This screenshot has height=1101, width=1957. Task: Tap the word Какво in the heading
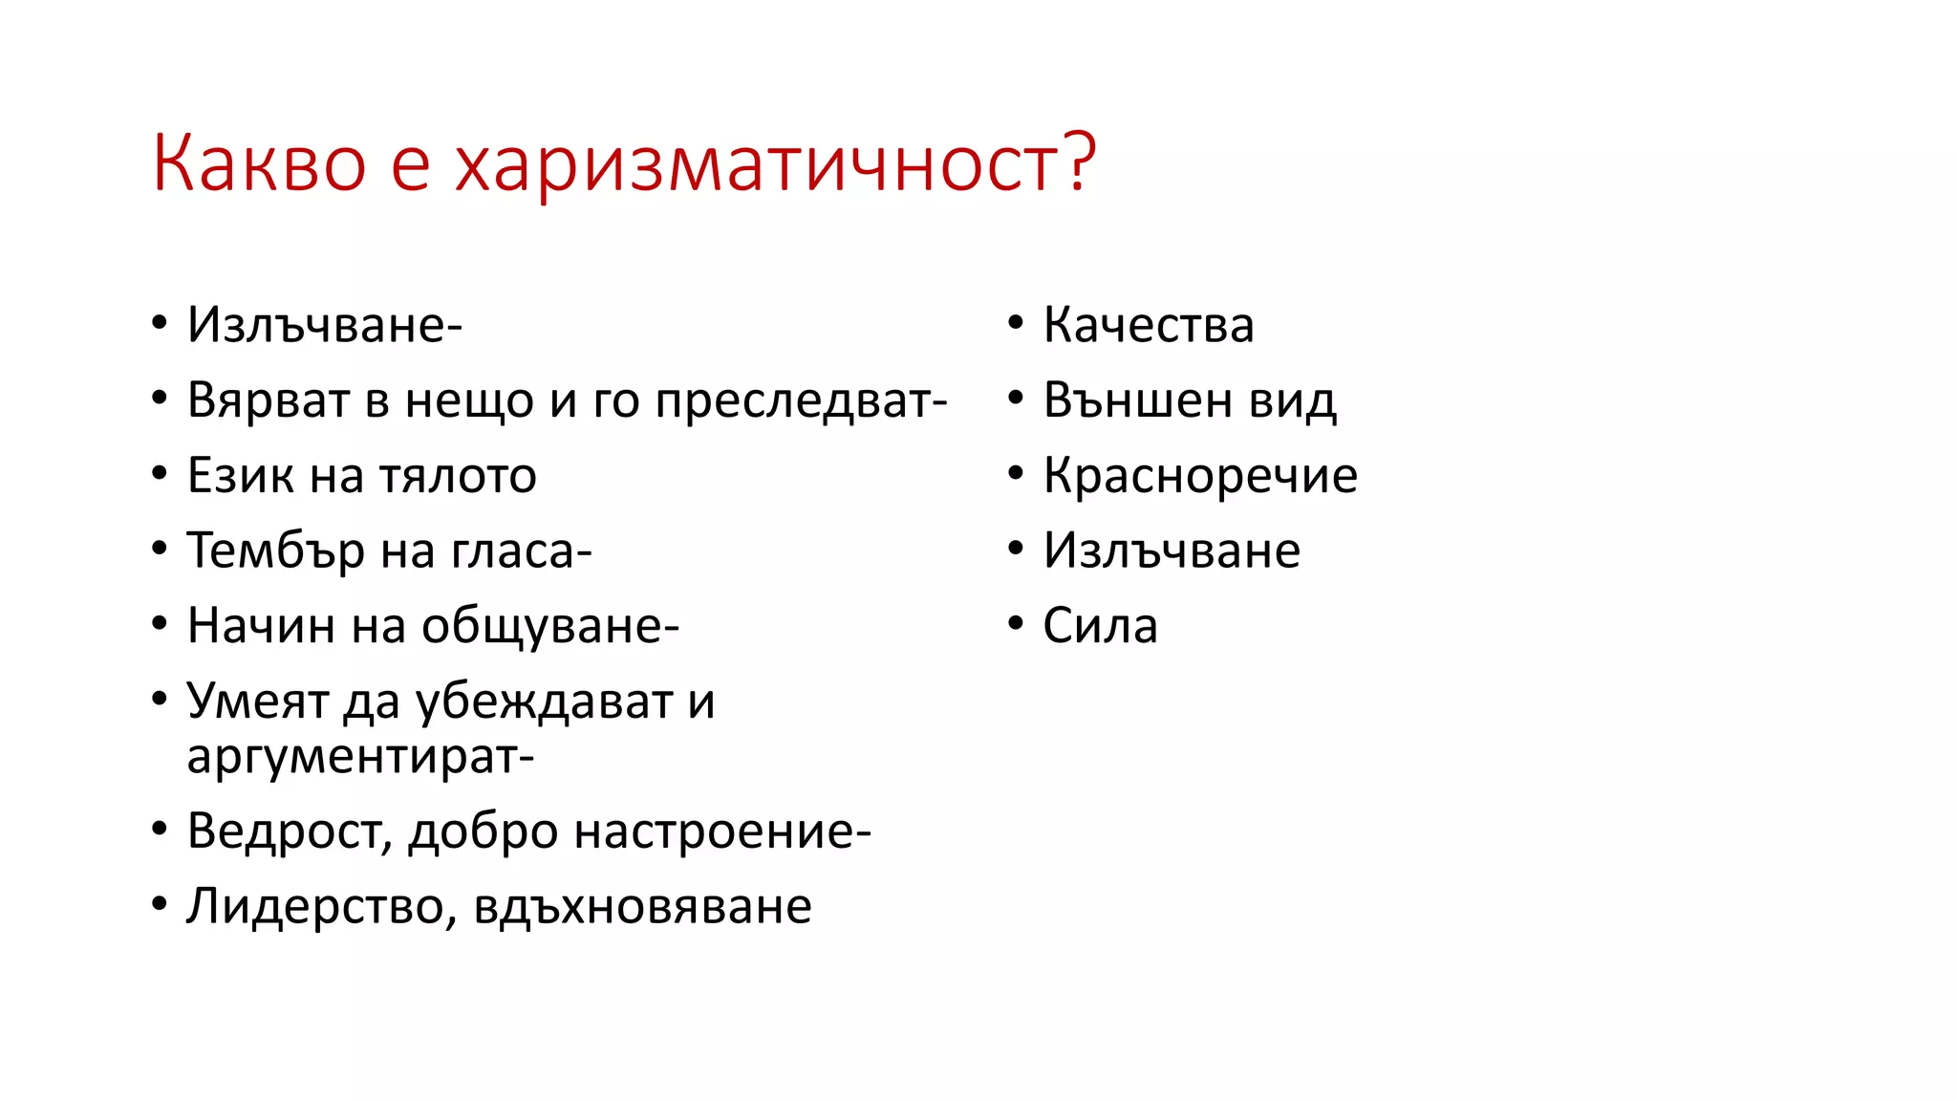(x=259, y=164)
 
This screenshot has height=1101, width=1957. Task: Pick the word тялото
(x=458, y=475)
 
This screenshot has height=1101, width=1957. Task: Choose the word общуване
(x=545, y=626)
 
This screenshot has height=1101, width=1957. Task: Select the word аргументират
(x=355, y=757)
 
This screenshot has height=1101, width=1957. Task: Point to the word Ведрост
(x=287, y=831)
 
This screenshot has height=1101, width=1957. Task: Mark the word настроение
(x=717, y=831)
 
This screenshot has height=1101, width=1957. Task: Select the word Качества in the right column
(x=1148, y=325)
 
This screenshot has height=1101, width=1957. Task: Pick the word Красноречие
(x=1199, y=475)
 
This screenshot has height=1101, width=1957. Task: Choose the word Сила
(x=1100, y=626)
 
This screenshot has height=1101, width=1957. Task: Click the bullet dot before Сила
(x=1015, y=624)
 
